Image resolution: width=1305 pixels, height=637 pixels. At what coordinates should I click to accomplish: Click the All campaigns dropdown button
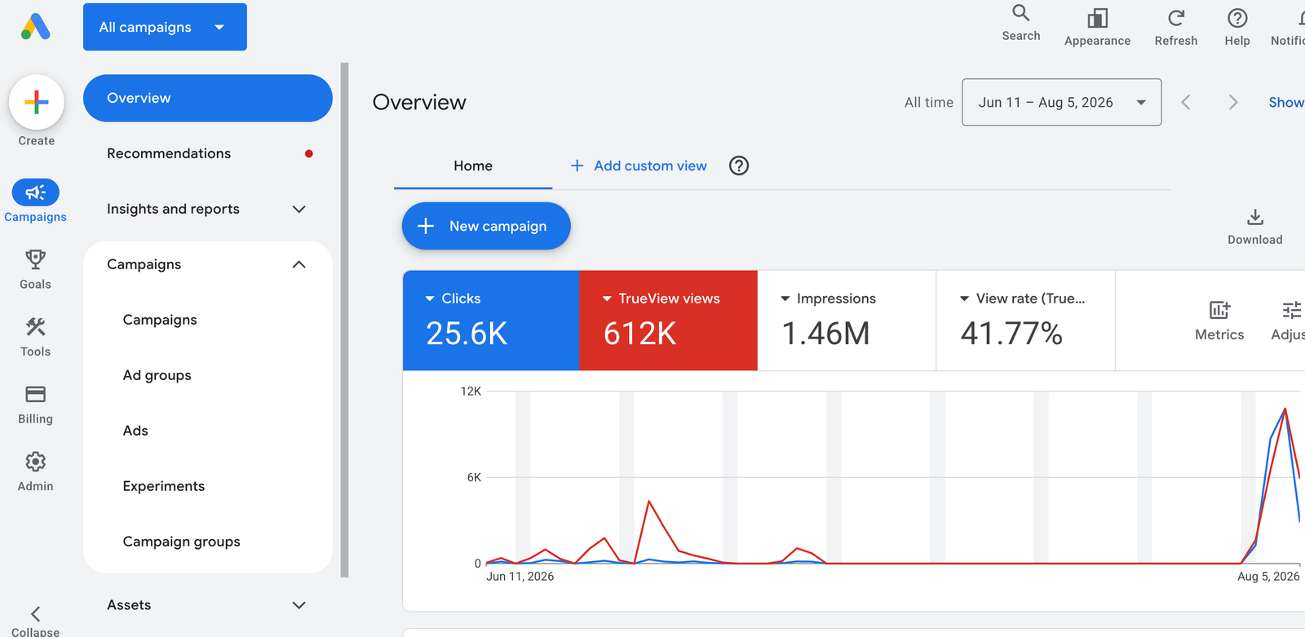point(165,27)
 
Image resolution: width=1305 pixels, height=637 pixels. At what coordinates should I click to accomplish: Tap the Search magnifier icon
point(1020,13)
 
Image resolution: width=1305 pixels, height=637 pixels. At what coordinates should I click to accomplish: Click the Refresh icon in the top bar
point(1175,18)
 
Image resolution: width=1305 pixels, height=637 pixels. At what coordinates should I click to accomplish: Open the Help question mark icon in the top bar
point(1236,18)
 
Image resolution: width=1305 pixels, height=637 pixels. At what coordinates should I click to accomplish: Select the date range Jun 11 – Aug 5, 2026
point(1061,102)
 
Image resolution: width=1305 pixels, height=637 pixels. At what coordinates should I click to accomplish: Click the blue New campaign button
point(486,226)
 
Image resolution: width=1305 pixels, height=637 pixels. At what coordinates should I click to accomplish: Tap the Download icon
point(1255,218)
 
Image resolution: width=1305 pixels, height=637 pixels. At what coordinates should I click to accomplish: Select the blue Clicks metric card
point(491,320)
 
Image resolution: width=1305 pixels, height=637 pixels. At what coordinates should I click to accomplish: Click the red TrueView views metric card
point(668,320)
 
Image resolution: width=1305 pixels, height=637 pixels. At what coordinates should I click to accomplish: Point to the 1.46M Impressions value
point(825,334)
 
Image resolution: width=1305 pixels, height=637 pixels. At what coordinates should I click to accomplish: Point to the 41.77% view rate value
point(1011,334)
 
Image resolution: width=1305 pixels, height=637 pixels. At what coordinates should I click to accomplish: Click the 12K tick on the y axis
point(471,391)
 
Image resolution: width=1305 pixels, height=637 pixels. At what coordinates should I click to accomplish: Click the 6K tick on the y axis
point(474,477)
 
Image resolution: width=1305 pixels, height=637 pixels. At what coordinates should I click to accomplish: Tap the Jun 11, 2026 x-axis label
point(520,577)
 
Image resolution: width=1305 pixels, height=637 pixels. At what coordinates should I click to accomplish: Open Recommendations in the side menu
point(169,153)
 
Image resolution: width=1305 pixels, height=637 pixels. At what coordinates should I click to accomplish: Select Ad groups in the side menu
point(157,375)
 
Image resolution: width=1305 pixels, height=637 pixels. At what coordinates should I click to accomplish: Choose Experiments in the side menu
point(164,486)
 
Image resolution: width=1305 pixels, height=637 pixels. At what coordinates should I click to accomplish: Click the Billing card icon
point(36,395)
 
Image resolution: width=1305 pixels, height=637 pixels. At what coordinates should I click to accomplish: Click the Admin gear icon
point(36,462)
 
